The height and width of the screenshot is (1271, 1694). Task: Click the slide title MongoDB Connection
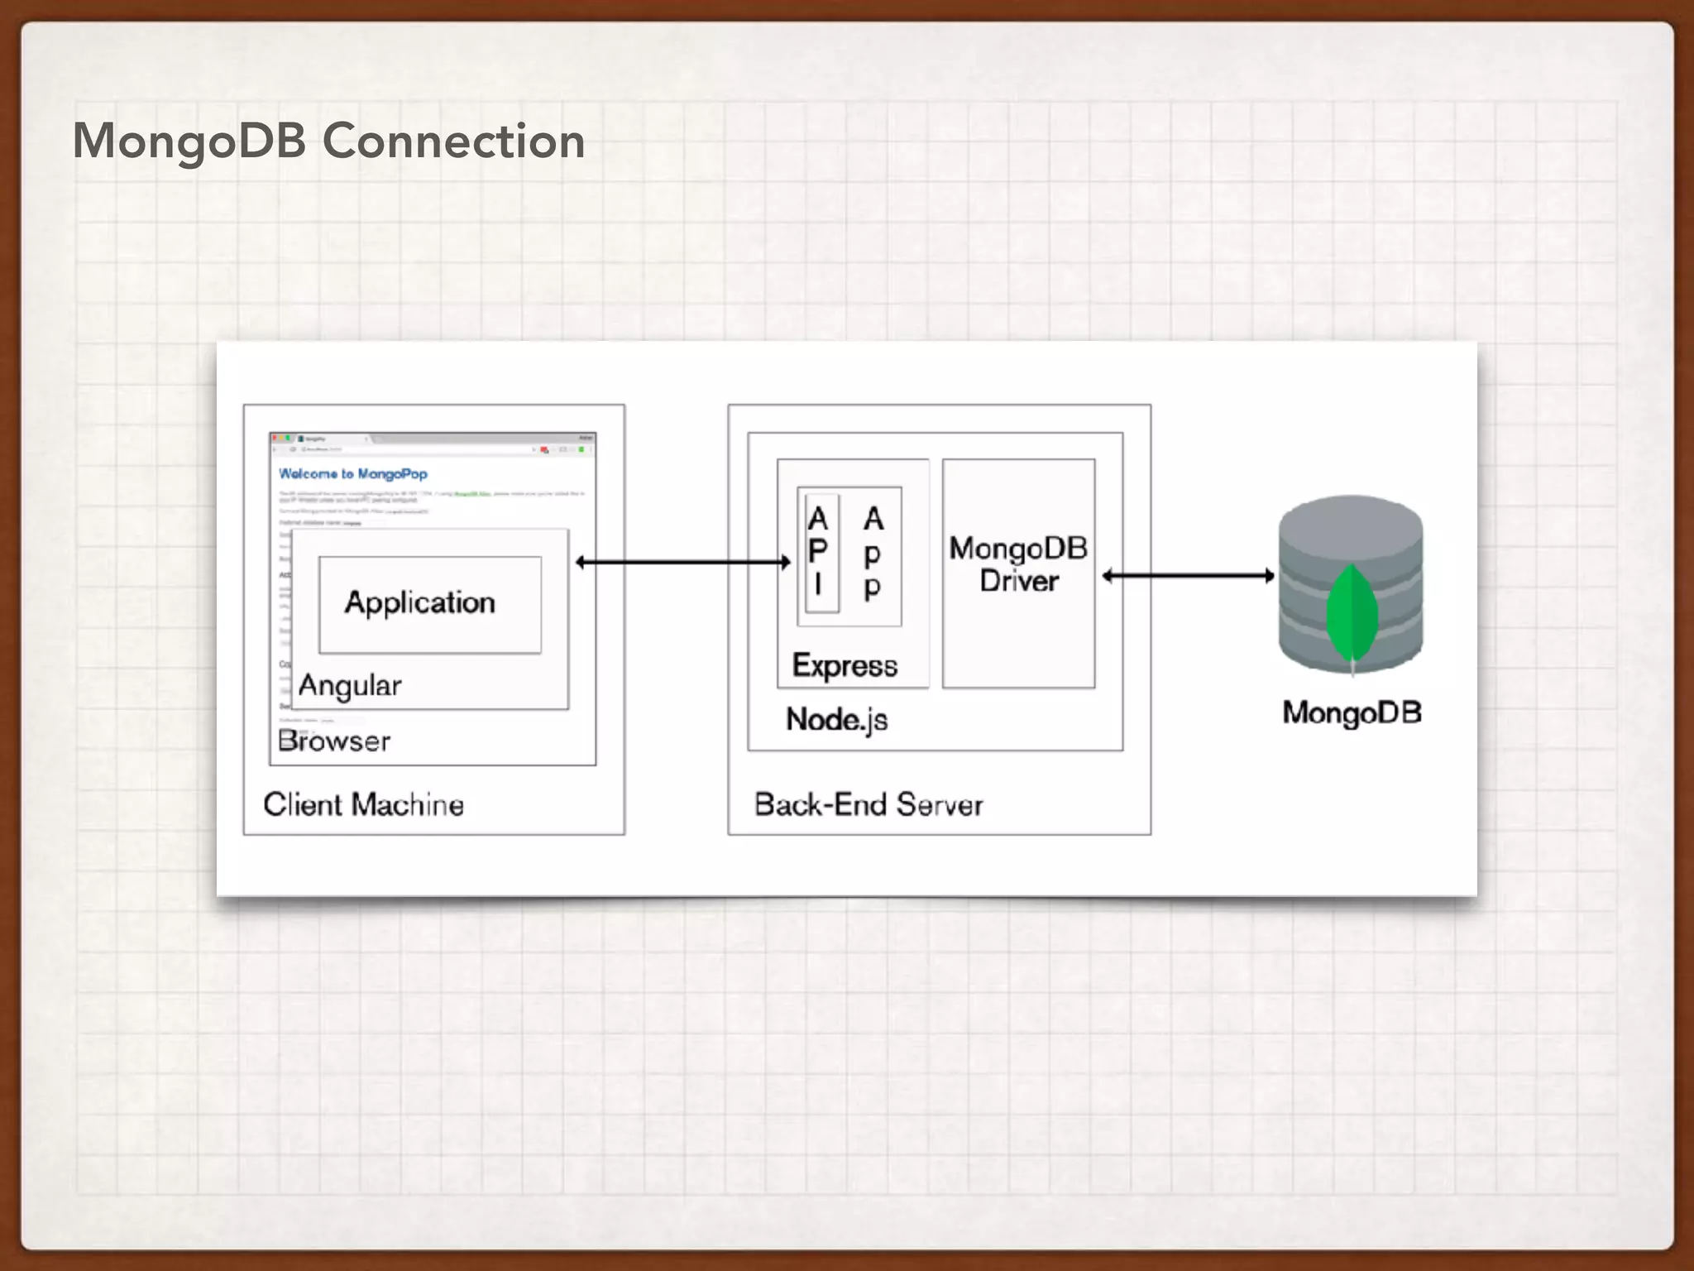(x=328, y=141)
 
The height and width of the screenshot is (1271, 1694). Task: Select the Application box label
(x=420, y=602)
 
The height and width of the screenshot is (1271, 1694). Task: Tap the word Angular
(x=350, y=685)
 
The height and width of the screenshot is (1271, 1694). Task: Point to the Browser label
(x=334, y=741)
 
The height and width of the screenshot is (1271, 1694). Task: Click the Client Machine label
(x=363, y=804)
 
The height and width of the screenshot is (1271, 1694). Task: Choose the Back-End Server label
(x=868, y=804)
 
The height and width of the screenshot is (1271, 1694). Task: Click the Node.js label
(x=836, y=719)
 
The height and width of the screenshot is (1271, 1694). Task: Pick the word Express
(x=845, y=665)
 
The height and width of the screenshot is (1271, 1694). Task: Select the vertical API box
(x=820, y=552)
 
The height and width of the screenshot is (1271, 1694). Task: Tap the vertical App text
(x=873, y=552)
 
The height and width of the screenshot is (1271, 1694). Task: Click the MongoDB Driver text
(x=1018, y=564)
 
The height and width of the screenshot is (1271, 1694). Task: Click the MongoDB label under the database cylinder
(x=1352, y=712)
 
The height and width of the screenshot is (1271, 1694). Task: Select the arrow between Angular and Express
(x=682, y=563)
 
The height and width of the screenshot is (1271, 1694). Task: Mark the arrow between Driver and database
(x=1188, y=576)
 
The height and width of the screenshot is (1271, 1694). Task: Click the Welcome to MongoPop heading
(x=353, y=474)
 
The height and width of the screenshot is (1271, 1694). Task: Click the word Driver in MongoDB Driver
(x=1018, y=581)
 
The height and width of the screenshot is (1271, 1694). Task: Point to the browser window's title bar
(x=433, y=439)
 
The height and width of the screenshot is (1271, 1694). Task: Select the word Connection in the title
(x=453, y=141)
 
